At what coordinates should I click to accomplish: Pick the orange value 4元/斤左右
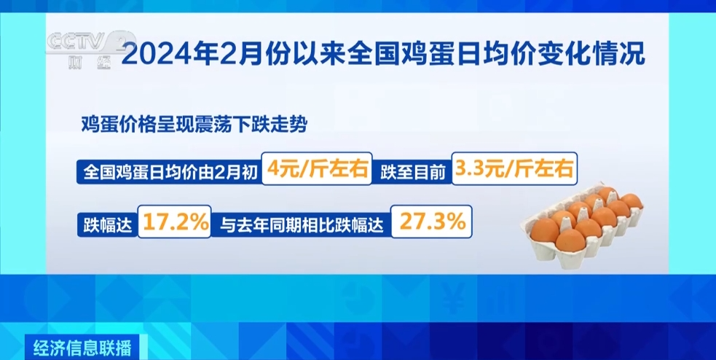[x=318, y=171]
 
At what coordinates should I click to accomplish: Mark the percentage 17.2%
[x=176, y=222]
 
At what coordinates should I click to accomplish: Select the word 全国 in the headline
[x=374, y=54]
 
